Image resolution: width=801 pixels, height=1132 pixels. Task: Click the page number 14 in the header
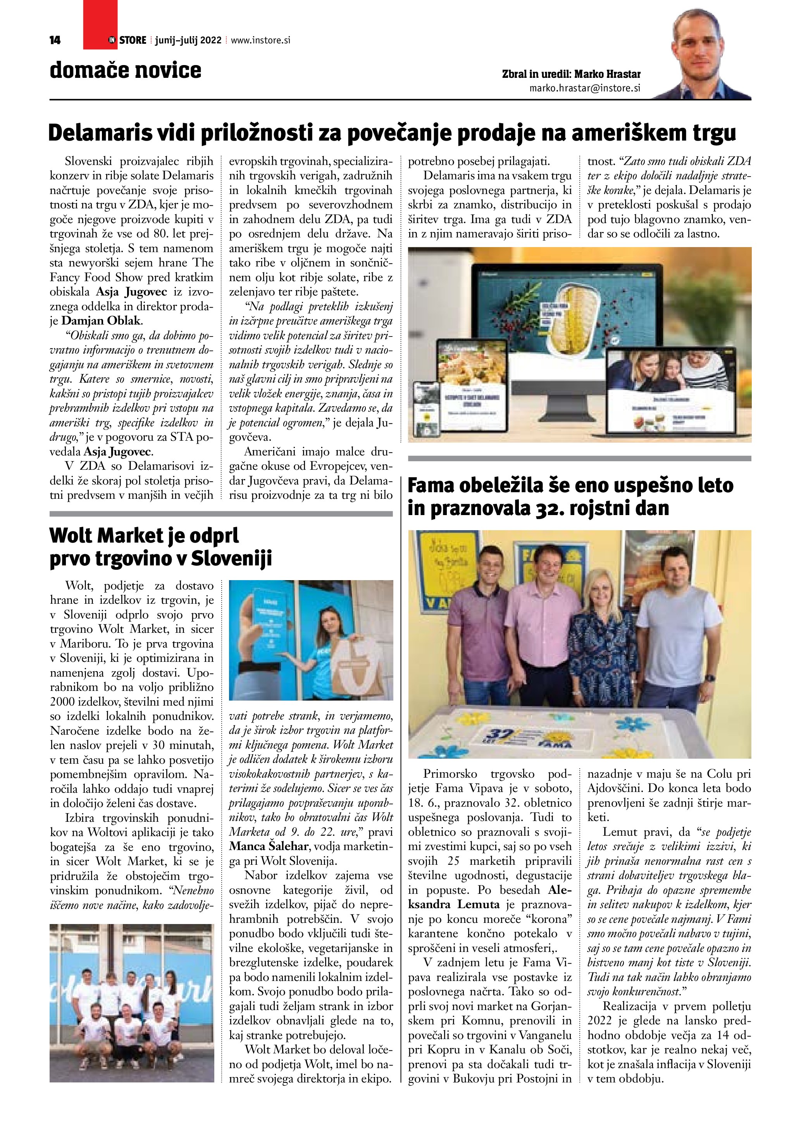pyautogui.click(x=55, y=40)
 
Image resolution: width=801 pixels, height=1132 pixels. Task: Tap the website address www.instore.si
pyautogui.click(x=260, y=40)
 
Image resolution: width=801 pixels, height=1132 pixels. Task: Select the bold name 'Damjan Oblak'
pyautogui.click(x=101, y=321)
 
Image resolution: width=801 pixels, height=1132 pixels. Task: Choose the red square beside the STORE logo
pyautogui.click(x=100, y=25)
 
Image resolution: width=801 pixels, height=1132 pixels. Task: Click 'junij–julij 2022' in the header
pyautogui.click(x=188, y=40)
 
